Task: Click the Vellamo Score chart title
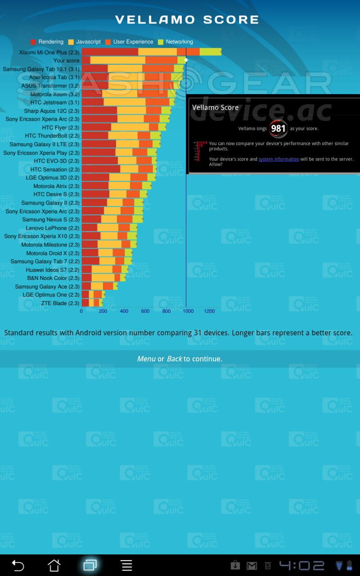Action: pos(187,20)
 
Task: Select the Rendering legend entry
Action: pos(47,42)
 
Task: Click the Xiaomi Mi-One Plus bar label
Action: pos(49,52)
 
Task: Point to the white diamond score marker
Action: pos(186,60)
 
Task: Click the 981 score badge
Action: pos(279,129)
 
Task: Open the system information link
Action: pos(279,159)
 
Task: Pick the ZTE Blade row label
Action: pos(60,303)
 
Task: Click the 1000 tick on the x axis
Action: pos(188,311)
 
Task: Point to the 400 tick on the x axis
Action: pos(124,311)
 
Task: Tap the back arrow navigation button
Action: pos(18,565)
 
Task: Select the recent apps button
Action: pos(90,565)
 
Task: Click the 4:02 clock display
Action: pos(301,566)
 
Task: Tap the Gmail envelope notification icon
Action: pos(252,566)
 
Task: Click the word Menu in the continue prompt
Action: pos(146,359)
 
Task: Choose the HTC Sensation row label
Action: pos(55,169)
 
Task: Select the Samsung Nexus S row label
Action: pos(51,220)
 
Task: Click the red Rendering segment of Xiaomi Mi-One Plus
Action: pos(110,52)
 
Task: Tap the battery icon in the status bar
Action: pos(350,565)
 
